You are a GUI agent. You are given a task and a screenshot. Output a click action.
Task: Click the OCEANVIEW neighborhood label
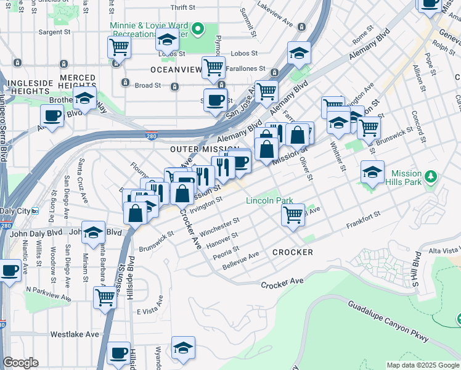(x=176, y=70)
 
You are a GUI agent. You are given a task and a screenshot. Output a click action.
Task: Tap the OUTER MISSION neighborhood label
(x=204, y=149)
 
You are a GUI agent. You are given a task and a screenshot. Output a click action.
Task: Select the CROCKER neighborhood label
(x=292, y=252)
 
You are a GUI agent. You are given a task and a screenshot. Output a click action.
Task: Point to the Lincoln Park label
(x=270, y=200)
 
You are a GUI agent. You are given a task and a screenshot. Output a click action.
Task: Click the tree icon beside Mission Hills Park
(x=432, y=178)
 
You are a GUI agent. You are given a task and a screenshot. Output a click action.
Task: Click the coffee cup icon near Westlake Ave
(x=118, y=353)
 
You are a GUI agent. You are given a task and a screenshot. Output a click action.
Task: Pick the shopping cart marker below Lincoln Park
(x=293, y=215)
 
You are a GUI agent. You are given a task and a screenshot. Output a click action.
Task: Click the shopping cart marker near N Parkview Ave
(x=105, y=297)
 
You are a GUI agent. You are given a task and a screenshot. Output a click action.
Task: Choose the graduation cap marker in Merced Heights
(x=84, y=97)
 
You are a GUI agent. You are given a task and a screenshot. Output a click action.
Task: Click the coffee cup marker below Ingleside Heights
(x=52, y=115)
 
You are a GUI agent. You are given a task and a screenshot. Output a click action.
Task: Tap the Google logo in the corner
(x=20, y=363)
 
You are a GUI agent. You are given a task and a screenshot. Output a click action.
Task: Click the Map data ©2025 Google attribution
(x=423, y=365)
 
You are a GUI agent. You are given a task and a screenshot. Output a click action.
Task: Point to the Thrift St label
(x=182, y=7)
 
